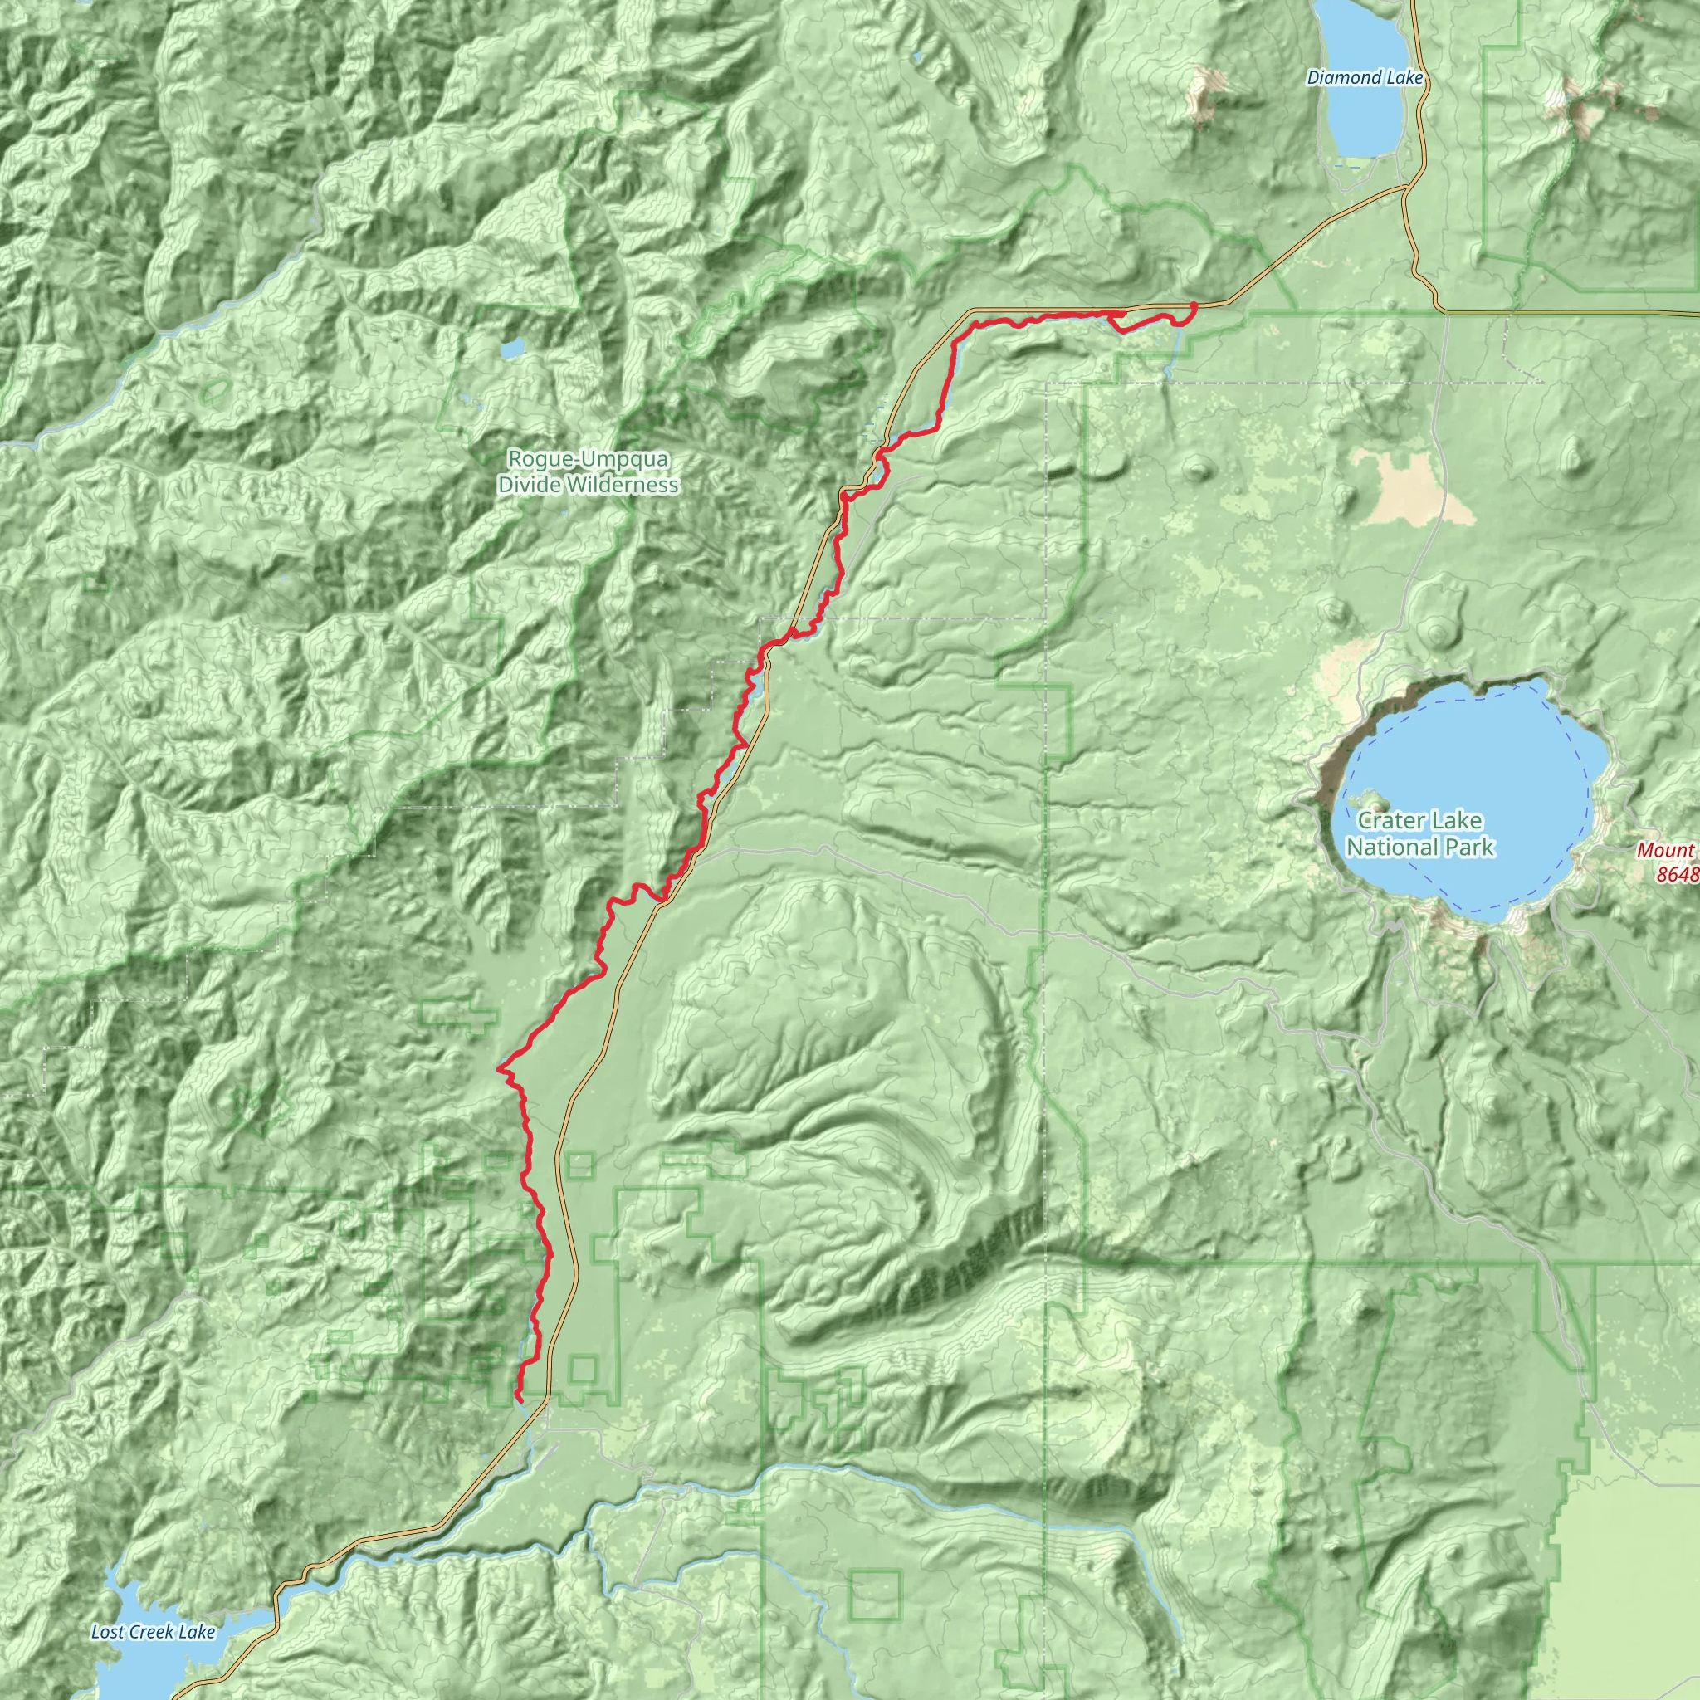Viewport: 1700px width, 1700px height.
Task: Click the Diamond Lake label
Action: coord(1365,77)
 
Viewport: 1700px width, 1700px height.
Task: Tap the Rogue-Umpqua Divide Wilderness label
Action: coord(588,471)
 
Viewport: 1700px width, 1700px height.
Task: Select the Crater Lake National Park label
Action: coord(1419,833)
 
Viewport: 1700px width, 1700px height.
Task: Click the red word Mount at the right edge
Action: coord(1666,850)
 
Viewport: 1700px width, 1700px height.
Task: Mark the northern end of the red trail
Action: coord(1193,305)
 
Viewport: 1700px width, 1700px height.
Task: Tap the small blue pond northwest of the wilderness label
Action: coord(512,349)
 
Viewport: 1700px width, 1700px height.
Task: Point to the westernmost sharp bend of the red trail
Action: coord(500,1068)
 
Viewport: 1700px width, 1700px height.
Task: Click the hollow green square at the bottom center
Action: coord(876,1593)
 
